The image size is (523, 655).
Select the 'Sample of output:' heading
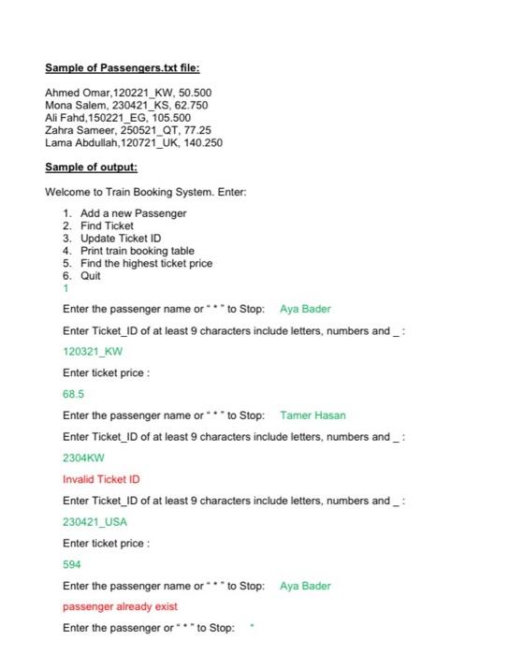click(x=92, y=167)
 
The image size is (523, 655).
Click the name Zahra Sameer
click(x=78, y=131)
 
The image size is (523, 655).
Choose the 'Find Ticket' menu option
click(x=107, y=226)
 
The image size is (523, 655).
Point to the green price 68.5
click(x=73, y=394)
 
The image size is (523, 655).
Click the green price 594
click(x=72, y=564)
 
